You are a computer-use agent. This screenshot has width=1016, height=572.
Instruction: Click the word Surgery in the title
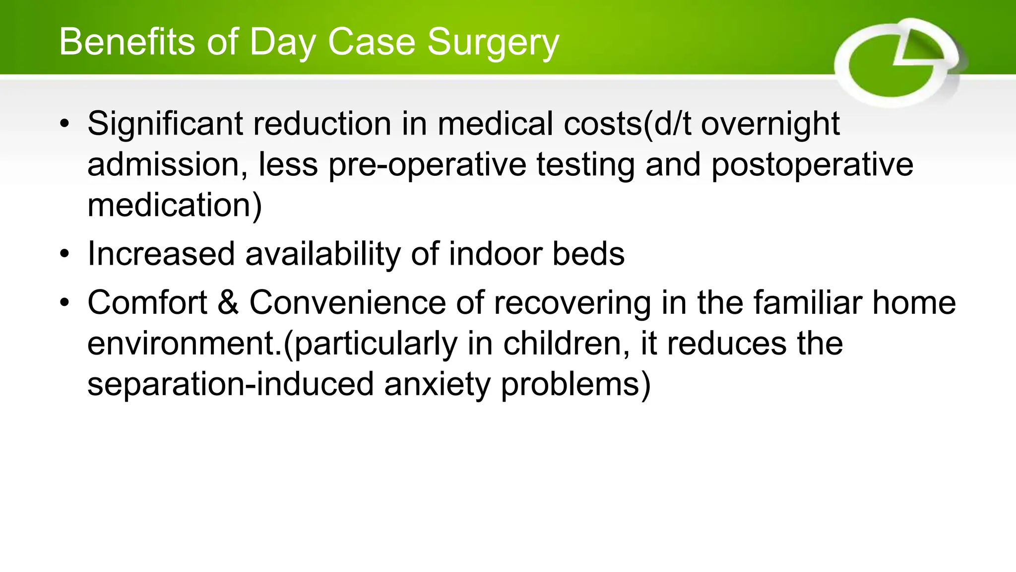click(x=493, y=43)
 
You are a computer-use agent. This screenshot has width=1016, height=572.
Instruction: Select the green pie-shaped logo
click(x=898, y=63)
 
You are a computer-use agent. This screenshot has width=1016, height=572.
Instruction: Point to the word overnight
click(x=770, y=124)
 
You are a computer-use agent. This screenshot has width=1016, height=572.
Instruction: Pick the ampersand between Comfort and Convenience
click(x=228, y=302)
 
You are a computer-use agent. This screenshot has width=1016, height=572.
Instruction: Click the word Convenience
click(x=347, y=302)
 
